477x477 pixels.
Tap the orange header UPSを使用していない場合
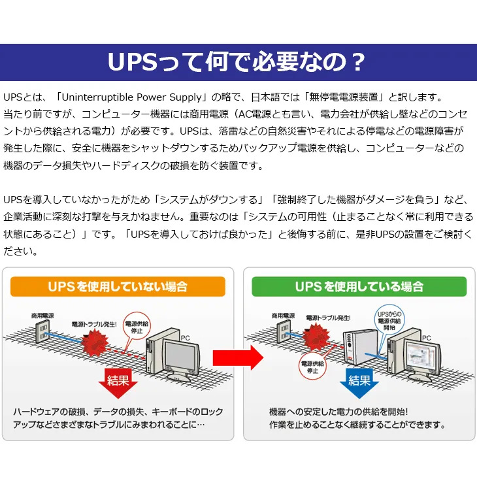(x=118, y=286)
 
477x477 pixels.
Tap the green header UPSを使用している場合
(x=359, y=286)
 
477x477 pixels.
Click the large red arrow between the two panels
(x=237, y=357)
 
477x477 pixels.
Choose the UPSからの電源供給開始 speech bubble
(x=390, y=320)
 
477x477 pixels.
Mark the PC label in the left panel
(x=185, y=338)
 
